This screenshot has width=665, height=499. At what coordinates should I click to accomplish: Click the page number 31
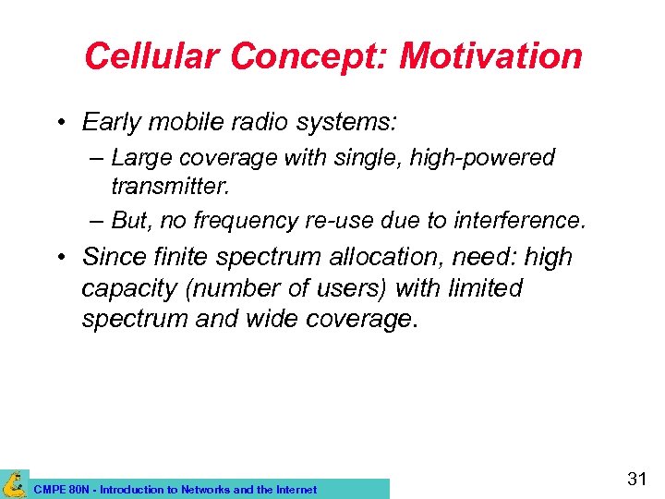coord(636,480)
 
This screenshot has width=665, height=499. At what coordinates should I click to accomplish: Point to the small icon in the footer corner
coord(14,484)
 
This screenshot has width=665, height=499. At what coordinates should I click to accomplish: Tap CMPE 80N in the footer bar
coord(55,490)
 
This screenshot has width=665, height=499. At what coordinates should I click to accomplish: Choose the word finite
coord(178,256)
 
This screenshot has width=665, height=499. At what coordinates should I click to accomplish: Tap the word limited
coord(483,288)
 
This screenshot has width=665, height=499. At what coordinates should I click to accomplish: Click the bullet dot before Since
coord(59,257)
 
